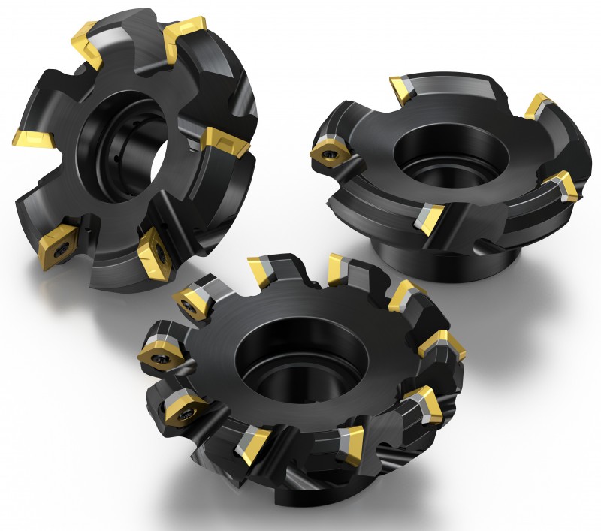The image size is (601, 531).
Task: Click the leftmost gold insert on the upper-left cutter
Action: pyautogui.click(x=32, y=138)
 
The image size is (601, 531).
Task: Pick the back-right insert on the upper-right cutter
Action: pyautogui.click(x=539, y=107)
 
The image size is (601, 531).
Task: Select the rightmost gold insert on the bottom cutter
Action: pyautogui.click(x=441, y=345)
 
